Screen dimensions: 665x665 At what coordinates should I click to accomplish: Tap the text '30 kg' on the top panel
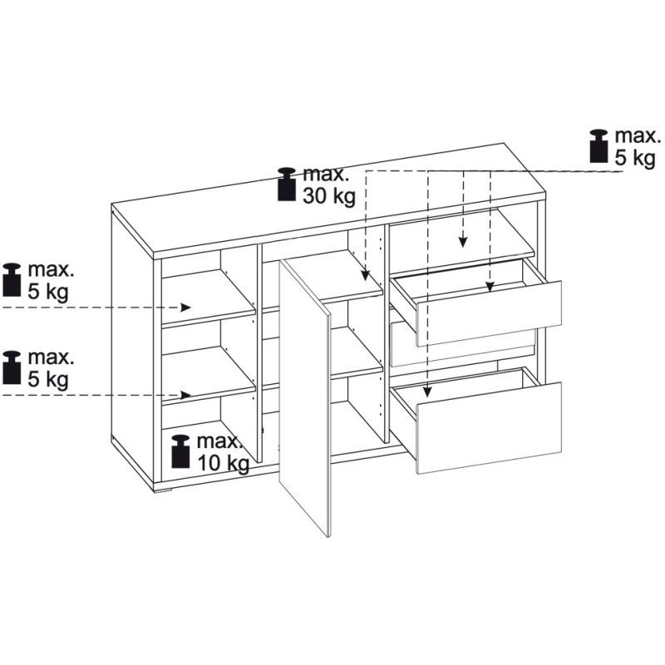[328, 196]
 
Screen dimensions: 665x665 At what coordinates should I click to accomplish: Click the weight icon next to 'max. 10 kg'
[180, 451]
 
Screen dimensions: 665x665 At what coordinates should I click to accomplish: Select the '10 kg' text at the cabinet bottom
[223, 463]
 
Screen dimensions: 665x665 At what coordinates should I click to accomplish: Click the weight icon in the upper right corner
[599, 146]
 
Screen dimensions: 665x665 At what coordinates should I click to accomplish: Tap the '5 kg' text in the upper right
[635, 158]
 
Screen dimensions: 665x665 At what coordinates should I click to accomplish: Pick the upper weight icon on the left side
[12, 279]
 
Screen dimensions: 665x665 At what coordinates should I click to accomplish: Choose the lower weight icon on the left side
[12, 367]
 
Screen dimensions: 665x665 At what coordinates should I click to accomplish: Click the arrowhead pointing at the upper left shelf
[185, 307]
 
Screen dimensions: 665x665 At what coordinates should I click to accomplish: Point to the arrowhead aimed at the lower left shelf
[185, 395]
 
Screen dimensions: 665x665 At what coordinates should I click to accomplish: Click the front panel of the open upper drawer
[490, 313]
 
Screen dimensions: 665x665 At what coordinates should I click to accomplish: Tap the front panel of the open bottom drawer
[490, 427]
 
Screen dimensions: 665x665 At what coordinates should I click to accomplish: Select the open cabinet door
[304, 397]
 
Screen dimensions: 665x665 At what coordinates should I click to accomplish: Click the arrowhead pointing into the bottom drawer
[427, 392]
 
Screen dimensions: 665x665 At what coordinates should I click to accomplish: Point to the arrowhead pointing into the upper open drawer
[490, 287]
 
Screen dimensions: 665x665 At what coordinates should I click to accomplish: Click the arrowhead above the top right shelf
[463, 241]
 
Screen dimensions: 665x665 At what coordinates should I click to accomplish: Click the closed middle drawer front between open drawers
[462, 343]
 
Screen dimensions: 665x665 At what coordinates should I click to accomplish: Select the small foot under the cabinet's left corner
[162, 491]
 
